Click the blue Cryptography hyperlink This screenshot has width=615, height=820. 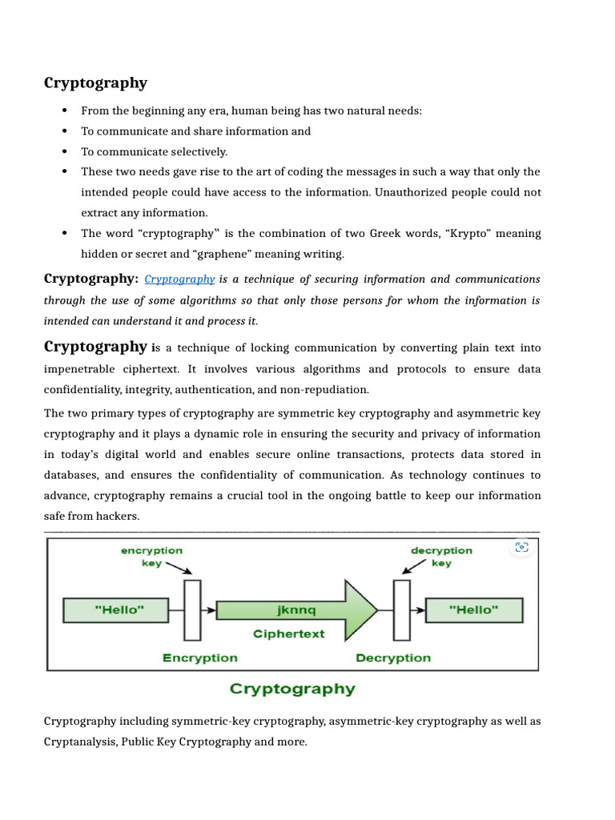click(179, 279)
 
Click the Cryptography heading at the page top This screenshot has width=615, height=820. click(95, 83)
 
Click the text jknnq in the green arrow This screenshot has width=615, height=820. click(296, 610)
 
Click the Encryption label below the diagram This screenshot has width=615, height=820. click(199, 657)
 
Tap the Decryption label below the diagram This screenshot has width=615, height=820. click(393, 657)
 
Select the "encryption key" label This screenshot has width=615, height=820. click(151, 557)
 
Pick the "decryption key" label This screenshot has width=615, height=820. click(441, 557)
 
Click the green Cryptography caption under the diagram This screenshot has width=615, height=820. click(292, 689)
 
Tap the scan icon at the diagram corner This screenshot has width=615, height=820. click(522, 548)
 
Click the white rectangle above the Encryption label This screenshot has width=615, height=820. click(192, 610)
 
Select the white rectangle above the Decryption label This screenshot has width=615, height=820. click(401, 610)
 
